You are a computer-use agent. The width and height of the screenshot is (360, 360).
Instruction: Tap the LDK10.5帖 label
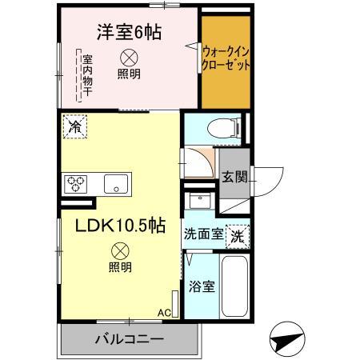(120, 226)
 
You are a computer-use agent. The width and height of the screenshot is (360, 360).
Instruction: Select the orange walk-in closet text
(226, 56)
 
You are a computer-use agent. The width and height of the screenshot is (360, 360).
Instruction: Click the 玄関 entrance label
(233, 177)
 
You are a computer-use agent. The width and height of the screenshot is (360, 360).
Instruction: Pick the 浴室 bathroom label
(200, 286)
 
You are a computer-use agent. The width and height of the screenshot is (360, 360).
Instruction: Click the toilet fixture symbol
(216, 128)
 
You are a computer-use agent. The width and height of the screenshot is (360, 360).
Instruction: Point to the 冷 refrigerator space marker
(76, 126)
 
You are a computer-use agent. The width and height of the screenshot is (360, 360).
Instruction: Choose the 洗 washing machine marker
(238, 236)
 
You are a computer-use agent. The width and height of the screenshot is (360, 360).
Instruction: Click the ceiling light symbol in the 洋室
(128, 58)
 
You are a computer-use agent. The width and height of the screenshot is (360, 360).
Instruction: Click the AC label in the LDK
(164, 313)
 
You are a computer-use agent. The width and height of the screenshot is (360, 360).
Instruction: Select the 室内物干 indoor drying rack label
(83, 76)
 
